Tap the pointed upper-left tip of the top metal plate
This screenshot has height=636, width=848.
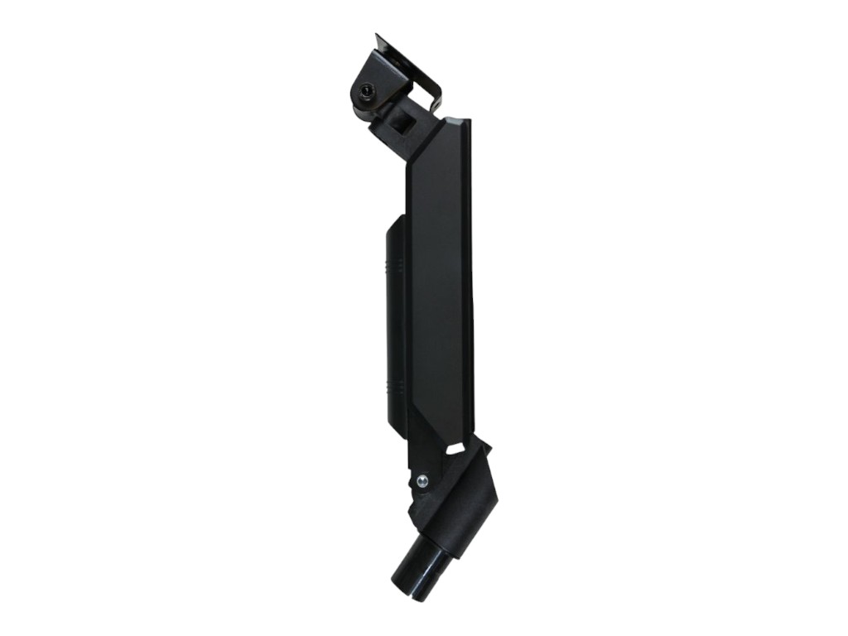377,36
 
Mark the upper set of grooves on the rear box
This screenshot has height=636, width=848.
397,267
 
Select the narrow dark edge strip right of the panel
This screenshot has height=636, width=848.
469,273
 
